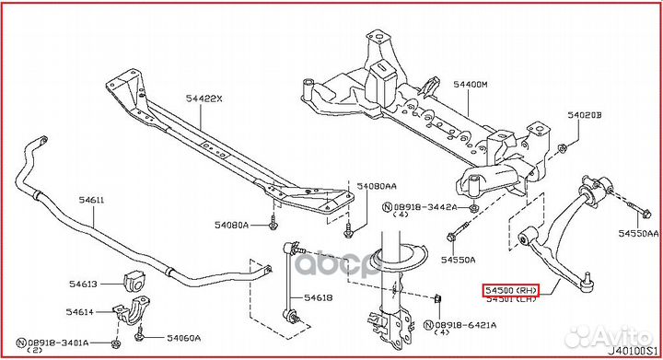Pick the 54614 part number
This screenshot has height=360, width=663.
tap(80, 312)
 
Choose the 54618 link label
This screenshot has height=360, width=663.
tap(319, 297)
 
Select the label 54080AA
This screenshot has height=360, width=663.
tap(377, 185)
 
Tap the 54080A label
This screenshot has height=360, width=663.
tap(232, 224)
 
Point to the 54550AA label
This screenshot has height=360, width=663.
tap(639, 234)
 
